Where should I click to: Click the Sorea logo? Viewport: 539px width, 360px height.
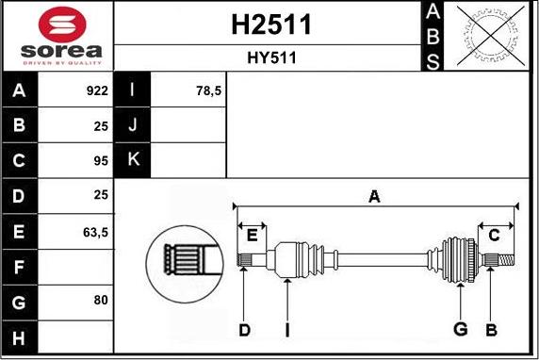pyautogui.click(x=57, y=36)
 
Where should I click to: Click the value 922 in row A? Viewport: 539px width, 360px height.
pyautogui.click(x=97, y=91)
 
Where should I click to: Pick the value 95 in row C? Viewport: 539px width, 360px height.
pyautogui.click(x=101, y=160)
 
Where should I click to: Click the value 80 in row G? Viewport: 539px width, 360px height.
pyautogui.click(x=101, y=300)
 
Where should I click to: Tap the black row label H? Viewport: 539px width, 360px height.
pyautogui.click(x=20, y=335)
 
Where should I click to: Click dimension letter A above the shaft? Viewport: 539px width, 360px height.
pyautogui.click(x=374, y=197)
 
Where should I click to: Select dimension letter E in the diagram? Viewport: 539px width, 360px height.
pyautogui.click(x=252, y=235)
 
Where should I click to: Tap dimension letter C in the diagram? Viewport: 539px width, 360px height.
pyautogui.click(x=493, y=235)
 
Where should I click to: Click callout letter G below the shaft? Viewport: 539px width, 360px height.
pyautogui.click(x=460, y=329)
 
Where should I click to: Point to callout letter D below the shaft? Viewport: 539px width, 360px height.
pyautogui.click(x=245, y=329)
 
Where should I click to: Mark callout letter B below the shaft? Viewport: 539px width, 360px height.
pyautogui.click(x=490, y=329)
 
